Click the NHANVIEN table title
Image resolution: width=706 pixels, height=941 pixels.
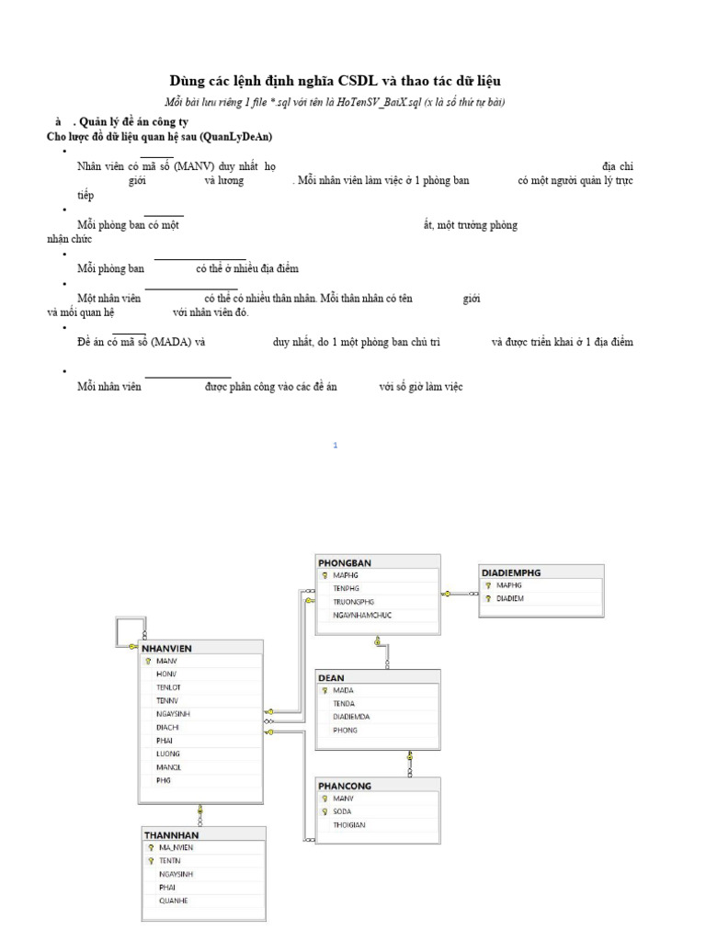(166, 648)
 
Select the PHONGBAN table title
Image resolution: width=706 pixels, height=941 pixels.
(345, 561)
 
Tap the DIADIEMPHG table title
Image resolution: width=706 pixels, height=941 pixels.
(511, 572)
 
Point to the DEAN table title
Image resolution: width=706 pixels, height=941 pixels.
(331, 677)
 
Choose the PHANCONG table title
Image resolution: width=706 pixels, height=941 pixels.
(347, 786)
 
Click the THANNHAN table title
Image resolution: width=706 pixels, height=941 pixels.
(171, 834)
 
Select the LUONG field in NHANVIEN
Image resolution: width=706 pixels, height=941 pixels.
(168, 754)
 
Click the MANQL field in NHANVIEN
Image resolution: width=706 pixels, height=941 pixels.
(169, 767)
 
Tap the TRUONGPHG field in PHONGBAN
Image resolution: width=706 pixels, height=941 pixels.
(354, 601)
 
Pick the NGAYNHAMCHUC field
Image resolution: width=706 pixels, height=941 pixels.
(362, 615)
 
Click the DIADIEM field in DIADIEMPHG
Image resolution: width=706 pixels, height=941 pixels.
(510, 598)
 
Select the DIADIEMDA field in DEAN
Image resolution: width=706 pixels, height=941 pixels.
(352, 716)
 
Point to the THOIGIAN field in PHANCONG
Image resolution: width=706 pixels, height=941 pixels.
(348, 824)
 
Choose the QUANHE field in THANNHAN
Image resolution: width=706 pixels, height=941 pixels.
(173, 901)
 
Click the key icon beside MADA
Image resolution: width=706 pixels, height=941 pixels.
(325, 689)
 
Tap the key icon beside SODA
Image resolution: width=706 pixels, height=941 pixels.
(325, 811)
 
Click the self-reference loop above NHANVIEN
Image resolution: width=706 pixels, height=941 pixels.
(125, 633)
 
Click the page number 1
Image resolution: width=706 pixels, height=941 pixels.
(336, 446)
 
